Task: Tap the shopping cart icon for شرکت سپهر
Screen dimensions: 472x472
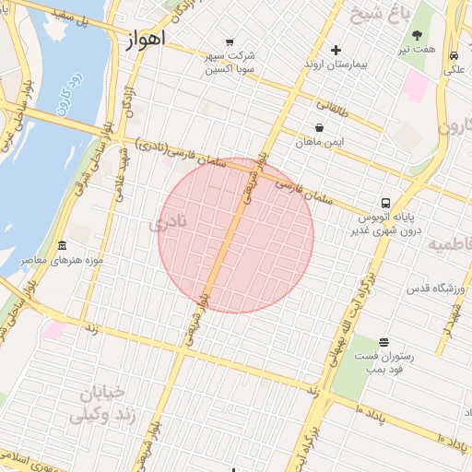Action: [x=229, y=41]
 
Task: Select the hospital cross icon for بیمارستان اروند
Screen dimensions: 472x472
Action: [x=336, y=50]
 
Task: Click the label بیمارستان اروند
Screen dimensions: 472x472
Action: [x=336, y=66]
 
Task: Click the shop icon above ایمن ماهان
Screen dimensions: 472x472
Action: [x=319, y=127]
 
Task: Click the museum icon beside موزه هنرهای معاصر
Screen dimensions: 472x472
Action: [x=62, y=246]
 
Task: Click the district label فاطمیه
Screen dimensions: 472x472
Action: [x=450, y=244]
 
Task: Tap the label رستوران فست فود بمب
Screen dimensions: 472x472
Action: [x=383, y=362]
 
